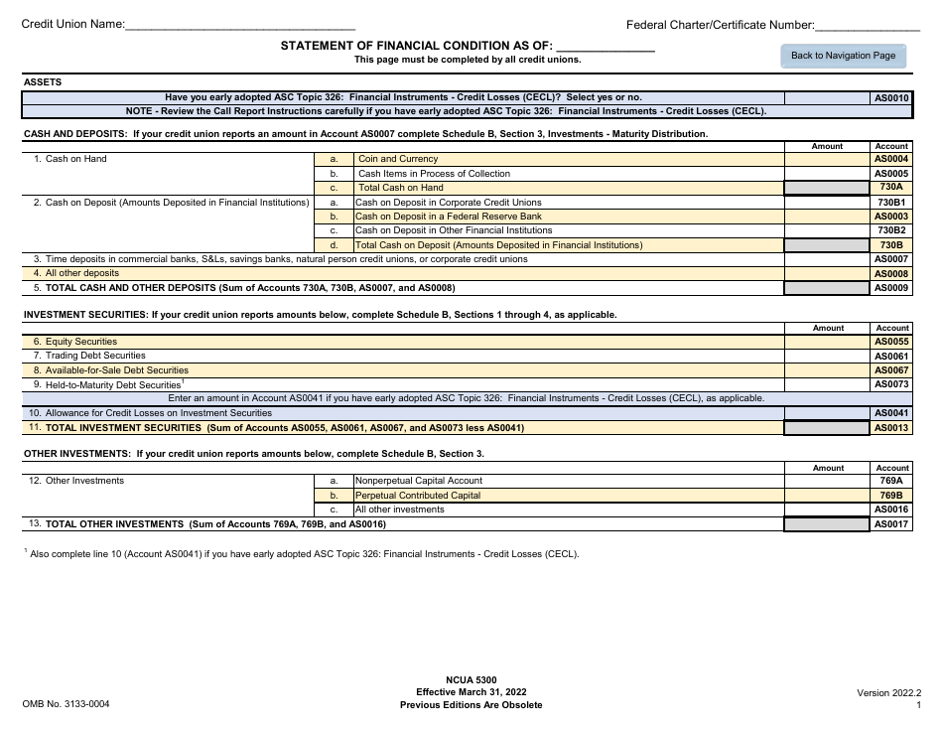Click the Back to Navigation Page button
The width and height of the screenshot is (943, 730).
click(x=843, y=56)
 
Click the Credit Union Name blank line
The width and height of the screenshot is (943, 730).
click(x=240, y=25)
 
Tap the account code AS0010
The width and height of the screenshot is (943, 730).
click(x=890, y=98)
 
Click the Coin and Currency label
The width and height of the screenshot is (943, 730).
click(x=398, y=159)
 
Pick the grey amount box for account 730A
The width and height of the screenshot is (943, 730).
click(x=827, y=188)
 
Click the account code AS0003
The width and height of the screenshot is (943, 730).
click(x=890, y=217)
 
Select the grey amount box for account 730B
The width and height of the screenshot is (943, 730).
click(x=827, y=245)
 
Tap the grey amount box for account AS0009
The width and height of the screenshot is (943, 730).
click(x=827, y=288)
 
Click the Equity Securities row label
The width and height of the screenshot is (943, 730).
click(x=81, y=342)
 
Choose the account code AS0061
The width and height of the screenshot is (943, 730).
click(x=890, y=356)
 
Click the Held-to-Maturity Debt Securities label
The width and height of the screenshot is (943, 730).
click(x=112, y=384)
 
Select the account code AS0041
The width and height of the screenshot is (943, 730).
click(x=890, y=413)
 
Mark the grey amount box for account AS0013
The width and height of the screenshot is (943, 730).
click(x=827, y=428)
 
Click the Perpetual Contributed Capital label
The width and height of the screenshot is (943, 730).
click(x=418, y=496)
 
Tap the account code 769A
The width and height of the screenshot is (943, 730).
click(x=890, y=481)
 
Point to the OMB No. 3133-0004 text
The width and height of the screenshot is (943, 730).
click(x=67, y=704)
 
